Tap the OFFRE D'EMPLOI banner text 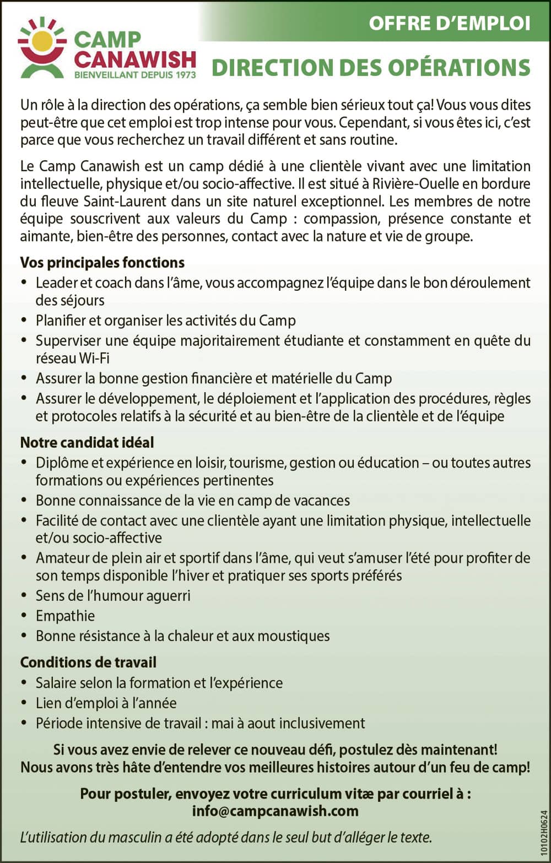pos(449,23)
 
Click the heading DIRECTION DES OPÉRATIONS pos(371,67)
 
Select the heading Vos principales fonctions pos(102,262)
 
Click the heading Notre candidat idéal pos(87,442)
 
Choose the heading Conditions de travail pos(88,662)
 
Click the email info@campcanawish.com pos(275,811)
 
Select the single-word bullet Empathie pos(65,616)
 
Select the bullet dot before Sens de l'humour pos(24,595)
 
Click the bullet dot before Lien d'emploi pos(24,703)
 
